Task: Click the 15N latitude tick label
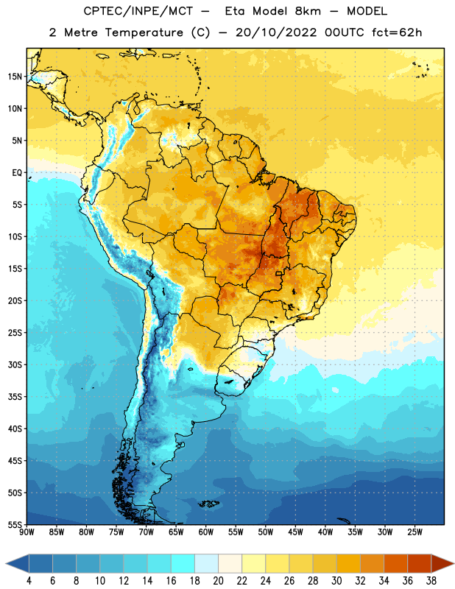pos(15,77)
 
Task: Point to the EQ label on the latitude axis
pos(17,173)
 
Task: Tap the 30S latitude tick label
pos(15,364)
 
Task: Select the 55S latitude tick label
pos(15,525)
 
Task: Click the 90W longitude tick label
pos(27,532)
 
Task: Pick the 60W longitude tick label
pos(206,532)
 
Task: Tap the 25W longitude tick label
pos(415,532)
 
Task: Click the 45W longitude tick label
pos(295,532)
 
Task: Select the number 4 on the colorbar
pos(29,581)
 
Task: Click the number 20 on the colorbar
pos(218,581)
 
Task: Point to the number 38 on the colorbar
pos(431,581)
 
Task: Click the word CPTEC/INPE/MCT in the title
pos(138,12)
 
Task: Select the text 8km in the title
pos(308,12)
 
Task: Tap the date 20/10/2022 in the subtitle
pos(276,32)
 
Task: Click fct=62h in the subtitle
pos(397,32)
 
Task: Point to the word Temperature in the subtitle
pos(144,33)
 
